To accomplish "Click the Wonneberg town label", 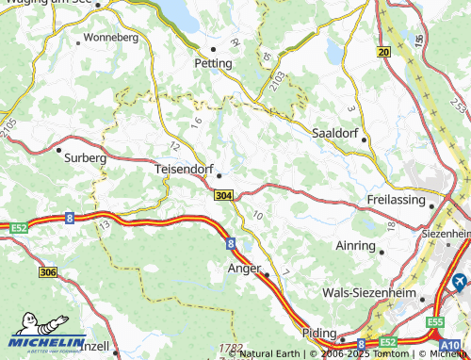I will pyautogui.click(x=110, y=38).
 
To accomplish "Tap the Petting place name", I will pyautogui.click(x=212, y=64).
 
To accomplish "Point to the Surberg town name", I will pyautogui.click(x=86, y=158).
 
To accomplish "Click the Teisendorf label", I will pyautogui.click(x=183, y=171).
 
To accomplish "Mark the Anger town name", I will pyautogui.click(x=244, y=269).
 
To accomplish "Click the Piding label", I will pyautogui.click(x=320, y=333).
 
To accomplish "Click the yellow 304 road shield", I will pyautogui.click(x=222, y=195).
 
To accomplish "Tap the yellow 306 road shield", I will pyautogui.click(x=48, y=271).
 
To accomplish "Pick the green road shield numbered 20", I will pyautogui.click(x=382, y=52).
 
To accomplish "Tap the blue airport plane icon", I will pyautogui.click(x=460, y=281).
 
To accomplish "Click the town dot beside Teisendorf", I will pyautogui.click(x=219, y=174).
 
